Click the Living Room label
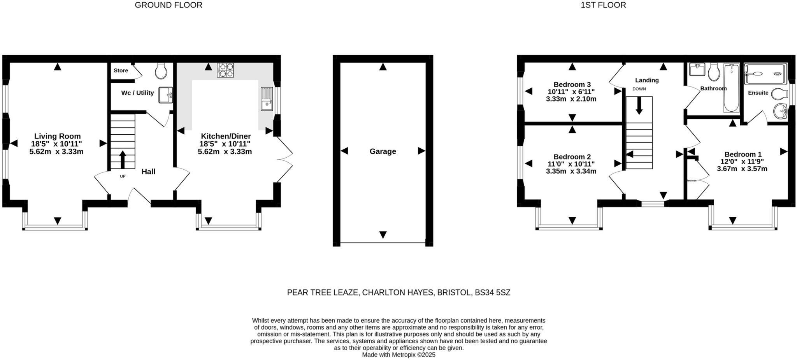click(57, 136)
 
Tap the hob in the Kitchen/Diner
click(225, 71)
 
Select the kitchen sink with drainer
click(267, 99)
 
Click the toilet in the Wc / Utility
click(161, 71)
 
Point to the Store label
click(121, 70)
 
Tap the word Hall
click(148, 172)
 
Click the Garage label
click(383, 151)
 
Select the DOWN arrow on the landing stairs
click(639, 105)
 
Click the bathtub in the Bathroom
click(731, 89)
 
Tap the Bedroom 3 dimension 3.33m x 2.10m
click(571, 99)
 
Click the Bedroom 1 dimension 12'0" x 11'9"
click(742, 162)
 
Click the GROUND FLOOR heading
click(169, 5)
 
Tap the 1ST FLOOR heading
click(603, 5)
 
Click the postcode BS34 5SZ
click(492, 293)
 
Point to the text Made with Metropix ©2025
click(398, 355)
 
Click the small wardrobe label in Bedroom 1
click(692, 181)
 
